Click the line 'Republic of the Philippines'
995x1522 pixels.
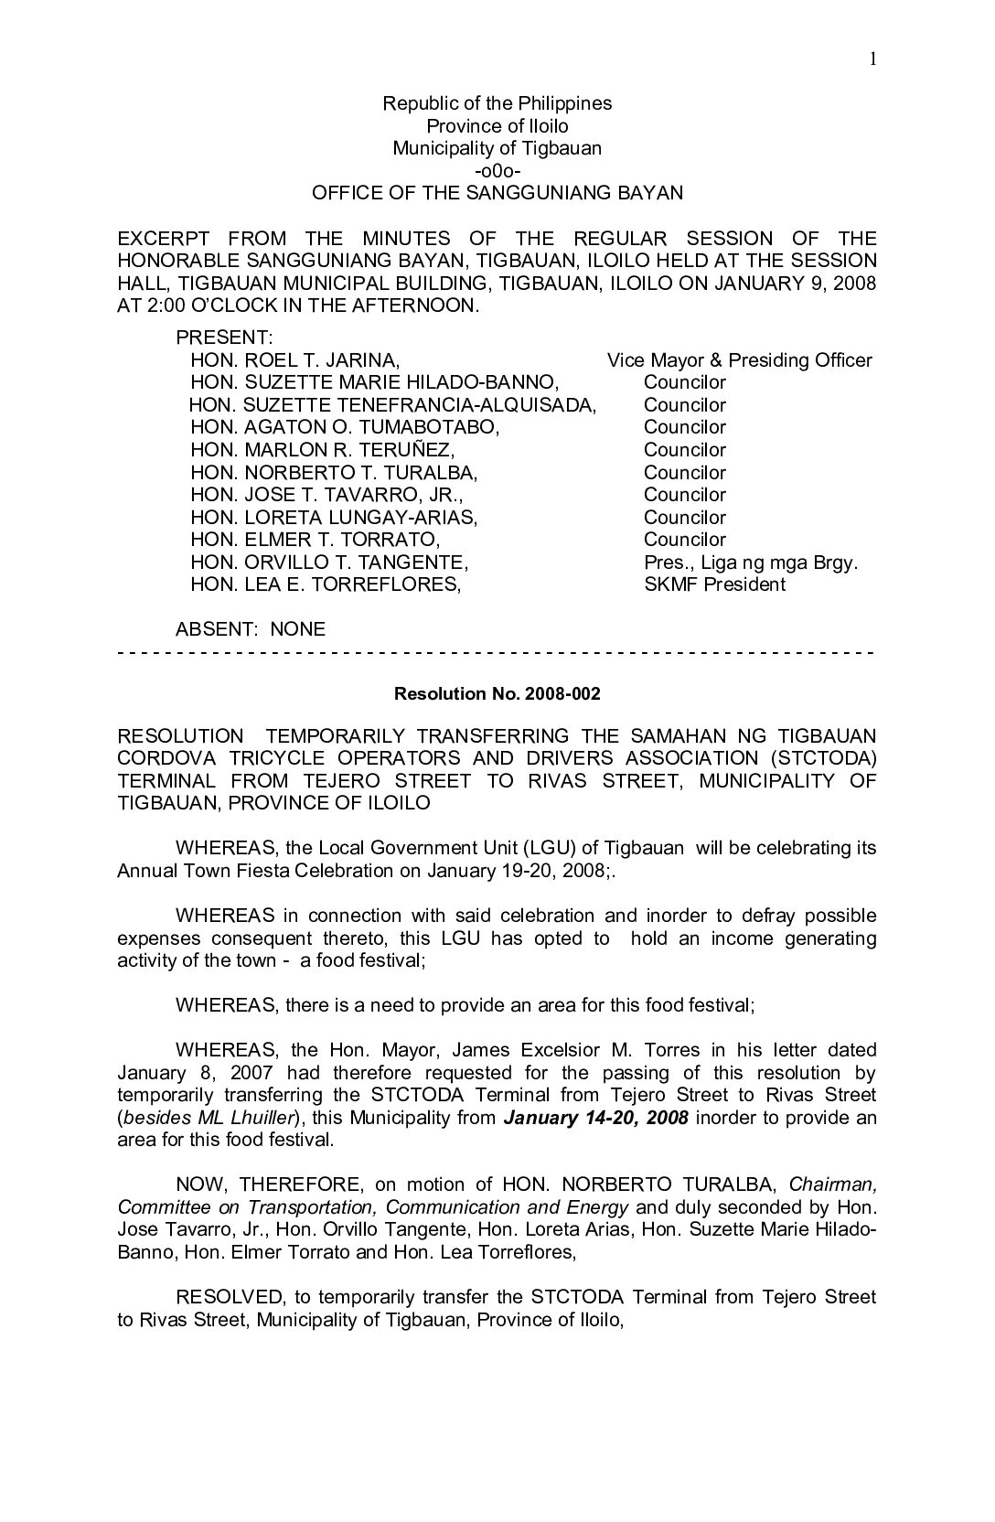coord(497,103)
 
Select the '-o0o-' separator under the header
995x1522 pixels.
coord(497,171)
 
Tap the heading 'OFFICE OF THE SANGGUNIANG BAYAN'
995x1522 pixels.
coord(497,193)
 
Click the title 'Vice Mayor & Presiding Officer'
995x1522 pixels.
coord(739,360)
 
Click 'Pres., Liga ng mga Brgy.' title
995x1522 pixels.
coord(750,563)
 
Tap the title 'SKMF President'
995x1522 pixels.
coord(714,584)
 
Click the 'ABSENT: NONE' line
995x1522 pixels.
coord(250,629)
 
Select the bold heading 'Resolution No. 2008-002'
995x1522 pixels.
coord(497,694)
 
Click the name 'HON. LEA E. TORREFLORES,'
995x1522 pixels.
coord(325,584)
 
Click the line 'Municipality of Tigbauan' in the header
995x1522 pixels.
coord(497,148)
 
